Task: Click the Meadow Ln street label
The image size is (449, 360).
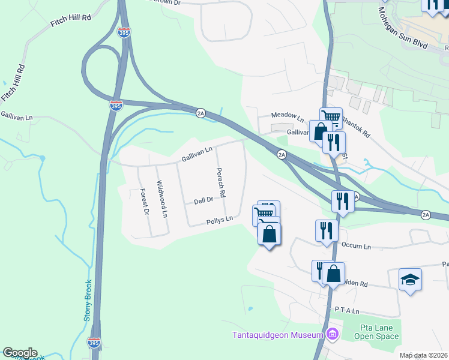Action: pyautogui.click(x=288, y=115)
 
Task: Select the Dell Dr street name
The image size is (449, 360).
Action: pyautogui.click(x=204, y=202)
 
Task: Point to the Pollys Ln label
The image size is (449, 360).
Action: pyautogui.click(x=219, y=221)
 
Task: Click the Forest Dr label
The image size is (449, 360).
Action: pyautogui.click(x=144, y=202)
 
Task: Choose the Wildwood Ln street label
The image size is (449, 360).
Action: pyautogui.click(x=161, y=199)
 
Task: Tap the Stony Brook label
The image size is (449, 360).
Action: pyautogui.click(x=88, y=300)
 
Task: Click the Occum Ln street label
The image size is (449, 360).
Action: pyautogui.click(x=357, y=247)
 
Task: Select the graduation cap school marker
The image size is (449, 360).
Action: pyautogui.click(x=410, y=280)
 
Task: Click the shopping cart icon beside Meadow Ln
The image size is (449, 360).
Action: pyautogui.click(x=331, y=118)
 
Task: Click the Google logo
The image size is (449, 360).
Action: pyautogui.click(x=20, y=353)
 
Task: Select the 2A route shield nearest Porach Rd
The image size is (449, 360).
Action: pyautogui.click(x=281, y=155)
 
